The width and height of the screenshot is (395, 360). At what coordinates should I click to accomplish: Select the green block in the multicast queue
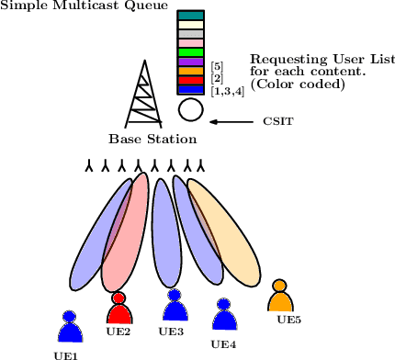pyautogui.click(x=190, y=52)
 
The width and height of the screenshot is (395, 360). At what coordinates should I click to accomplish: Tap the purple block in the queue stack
pyautogui.click(x=190, y=62)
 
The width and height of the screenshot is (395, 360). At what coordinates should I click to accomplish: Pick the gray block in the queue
pyautogui.click(x=190, y=34)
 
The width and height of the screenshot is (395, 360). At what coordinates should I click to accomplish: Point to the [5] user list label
pyautogui.click(x=217, y=66)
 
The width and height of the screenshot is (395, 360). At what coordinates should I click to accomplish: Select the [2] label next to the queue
pyautogui.click(x=217, y=78)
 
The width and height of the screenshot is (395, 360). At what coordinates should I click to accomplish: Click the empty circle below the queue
pyautogui.click(x=190, y=111)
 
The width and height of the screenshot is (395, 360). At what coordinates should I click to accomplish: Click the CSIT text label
pyautogui.click(x=278, y=121)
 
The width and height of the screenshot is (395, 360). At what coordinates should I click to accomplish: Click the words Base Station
pyautogui.click(x=152, y=140)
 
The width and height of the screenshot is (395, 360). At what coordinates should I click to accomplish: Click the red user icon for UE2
pyautogui.click(x=118, y=309)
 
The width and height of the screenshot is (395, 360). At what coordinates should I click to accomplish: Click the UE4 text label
pyautogui.click(x=224, y=344)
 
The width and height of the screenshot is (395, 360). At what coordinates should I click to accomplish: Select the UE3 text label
pyautogui.click(x=172, y=332)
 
